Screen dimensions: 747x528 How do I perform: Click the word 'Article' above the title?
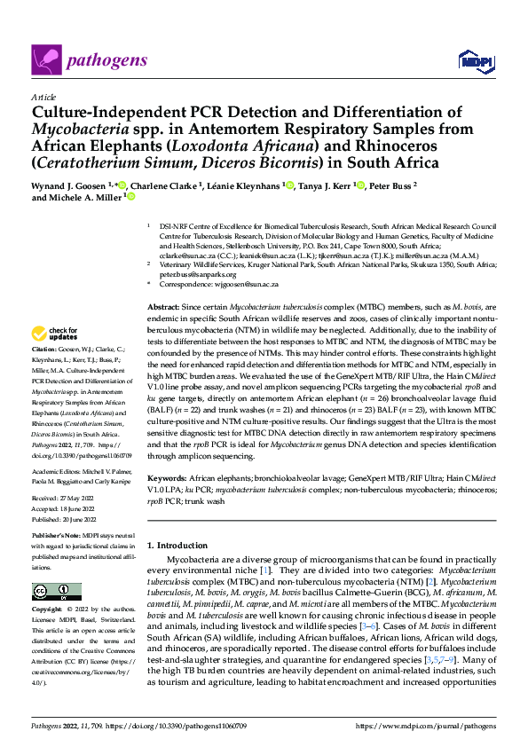[43, 97]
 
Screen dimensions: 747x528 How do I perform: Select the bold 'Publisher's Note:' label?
[57, 538]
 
